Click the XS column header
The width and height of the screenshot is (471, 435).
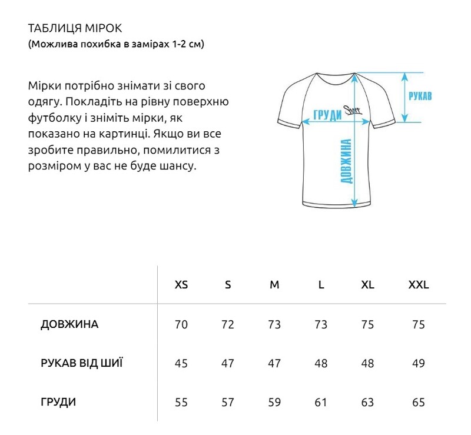(181, 285)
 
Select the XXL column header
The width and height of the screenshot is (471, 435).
(419, 285)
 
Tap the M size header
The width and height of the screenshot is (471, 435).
(274, 285)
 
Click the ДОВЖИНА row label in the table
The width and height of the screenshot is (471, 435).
(69, 325)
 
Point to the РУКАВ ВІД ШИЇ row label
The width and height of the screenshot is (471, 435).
(82, 363)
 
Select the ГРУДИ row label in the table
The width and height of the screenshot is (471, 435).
(58, 403)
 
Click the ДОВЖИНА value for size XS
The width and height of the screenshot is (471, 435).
(181, 325)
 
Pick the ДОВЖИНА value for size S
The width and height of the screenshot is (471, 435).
(228, 325)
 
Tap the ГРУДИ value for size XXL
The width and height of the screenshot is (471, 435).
(419, 403)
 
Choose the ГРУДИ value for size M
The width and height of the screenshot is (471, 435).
(274, 403)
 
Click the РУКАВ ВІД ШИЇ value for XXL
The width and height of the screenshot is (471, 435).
(419, 364)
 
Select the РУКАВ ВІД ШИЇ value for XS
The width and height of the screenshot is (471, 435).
(181, 364)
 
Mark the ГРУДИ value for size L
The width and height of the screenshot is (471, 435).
(321, 403)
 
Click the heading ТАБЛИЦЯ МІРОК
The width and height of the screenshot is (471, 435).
(74, 28)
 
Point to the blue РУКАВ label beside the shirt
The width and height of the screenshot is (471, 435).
(420, 97)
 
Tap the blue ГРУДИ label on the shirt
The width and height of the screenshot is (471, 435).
(328, 115)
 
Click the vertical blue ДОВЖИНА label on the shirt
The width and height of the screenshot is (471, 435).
(346, 162)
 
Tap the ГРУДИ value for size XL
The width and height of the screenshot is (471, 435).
(367, 403)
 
